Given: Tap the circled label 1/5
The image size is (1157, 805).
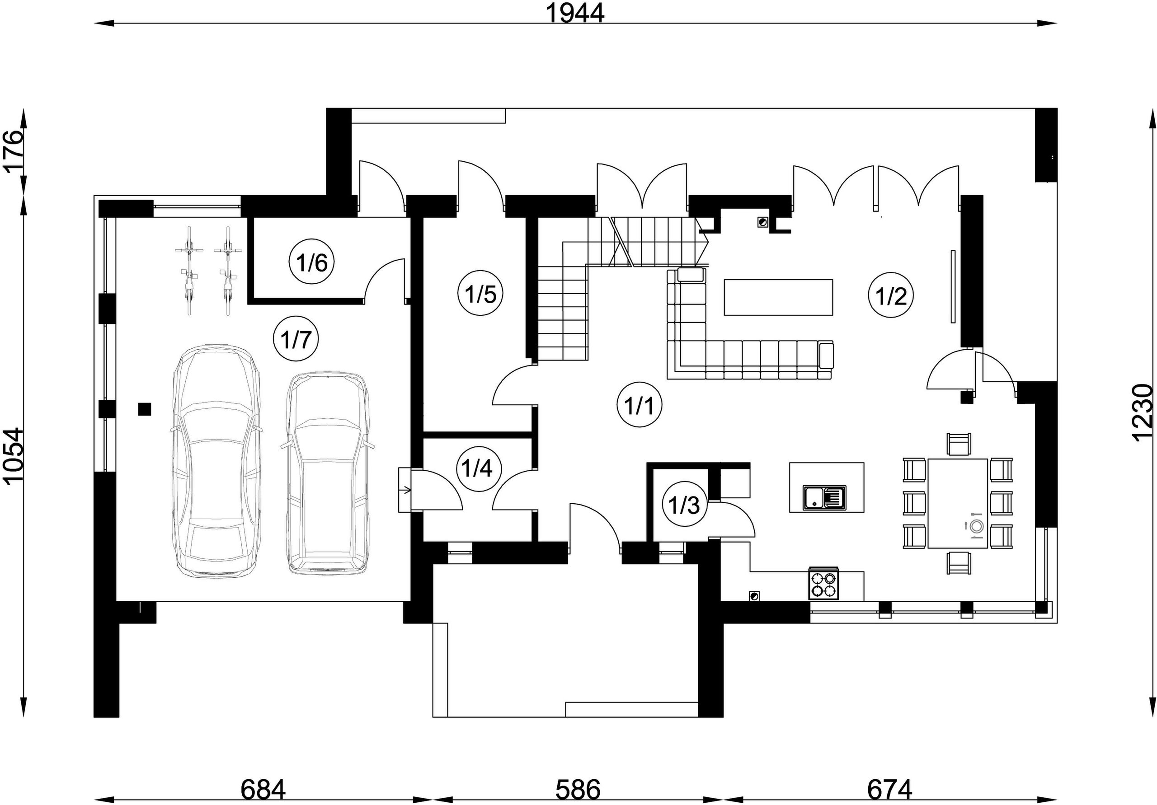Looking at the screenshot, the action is pyautogui.click(x=481, y=294).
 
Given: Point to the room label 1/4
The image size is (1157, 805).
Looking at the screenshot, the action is pyautogui.click(x=478, y=469).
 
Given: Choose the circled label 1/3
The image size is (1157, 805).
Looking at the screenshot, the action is pyautogui.click(x=684, y=505).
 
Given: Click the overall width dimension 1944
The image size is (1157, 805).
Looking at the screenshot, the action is pyautogui.click(x=575, y=13).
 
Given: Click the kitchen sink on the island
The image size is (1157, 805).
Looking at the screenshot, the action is pyautogui.click(x=824, y=497).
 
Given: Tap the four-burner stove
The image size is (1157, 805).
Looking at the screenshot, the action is pyautogui.click(x=824, y=583).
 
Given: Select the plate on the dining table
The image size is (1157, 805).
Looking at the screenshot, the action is pyautogui.click(x=976, y=526).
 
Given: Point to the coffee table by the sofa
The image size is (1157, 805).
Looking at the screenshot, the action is pyautogui.click(x=778, y=297).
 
